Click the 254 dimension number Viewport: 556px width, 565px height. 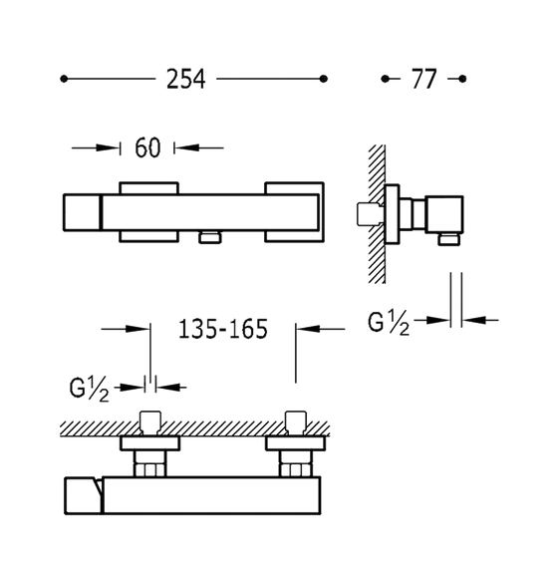[186, 79]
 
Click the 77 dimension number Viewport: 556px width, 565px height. [424, 79]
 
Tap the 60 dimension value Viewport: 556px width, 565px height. [147, 147]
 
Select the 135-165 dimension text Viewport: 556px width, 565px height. [223, 329]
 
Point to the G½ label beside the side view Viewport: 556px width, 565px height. [389, 323]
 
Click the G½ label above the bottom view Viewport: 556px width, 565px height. [89, 391]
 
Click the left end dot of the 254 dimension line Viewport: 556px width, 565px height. [64, 79]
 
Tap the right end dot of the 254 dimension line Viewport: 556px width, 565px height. [324, 79]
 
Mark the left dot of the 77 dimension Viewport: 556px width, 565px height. [385, 79]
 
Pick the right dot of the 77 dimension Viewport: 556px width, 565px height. [462, 79]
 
